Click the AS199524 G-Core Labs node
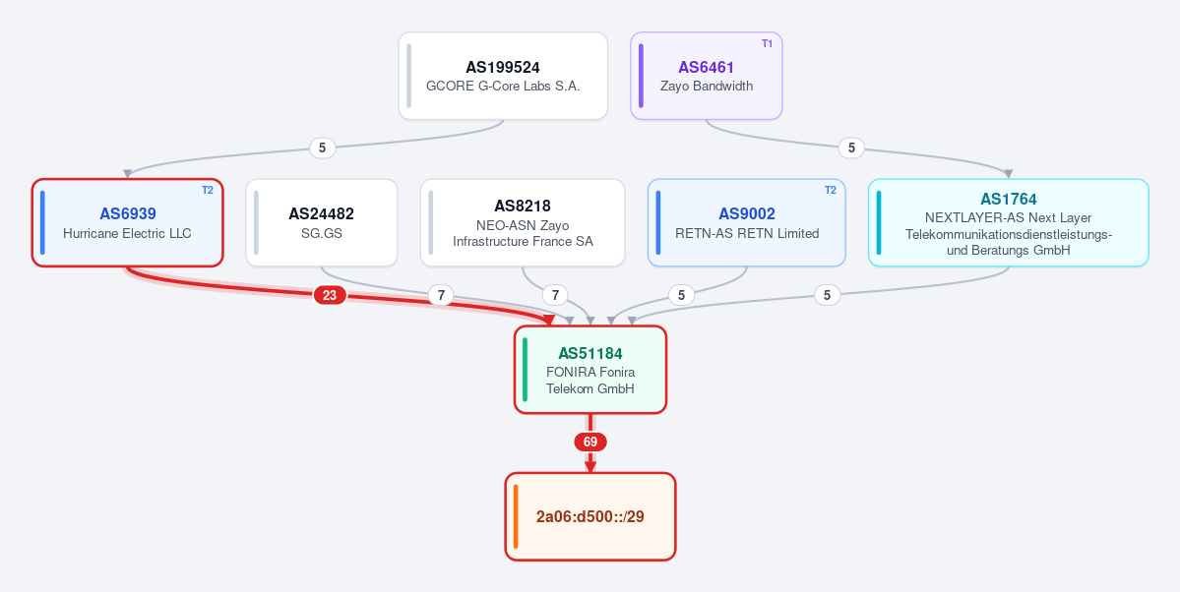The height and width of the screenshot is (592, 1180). (x=503, y=76)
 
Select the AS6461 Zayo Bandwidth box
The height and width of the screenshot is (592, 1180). (x=707, y=76)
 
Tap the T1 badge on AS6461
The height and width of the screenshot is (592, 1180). (x=767, y=43)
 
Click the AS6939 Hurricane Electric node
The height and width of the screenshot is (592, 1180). (x=127, y=222)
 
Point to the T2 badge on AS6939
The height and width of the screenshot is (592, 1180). (x=207, y=191)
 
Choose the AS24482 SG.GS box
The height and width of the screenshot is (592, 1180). (x=322, y=222)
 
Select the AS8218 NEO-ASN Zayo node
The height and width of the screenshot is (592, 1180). (x=523, y=222)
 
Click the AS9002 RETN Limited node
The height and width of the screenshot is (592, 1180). (x=747, y=222)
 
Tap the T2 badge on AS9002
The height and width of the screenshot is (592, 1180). (x=830, y=191)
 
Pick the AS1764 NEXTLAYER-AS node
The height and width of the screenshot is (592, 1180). (x=1009, y=222)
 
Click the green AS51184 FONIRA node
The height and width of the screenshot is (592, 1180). (x=590, y=370)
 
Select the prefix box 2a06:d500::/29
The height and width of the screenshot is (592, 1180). (x=590, y=517)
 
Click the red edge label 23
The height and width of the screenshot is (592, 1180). (x=330, y=296)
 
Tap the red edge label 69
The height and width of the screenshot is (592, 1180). (x=590, y=443)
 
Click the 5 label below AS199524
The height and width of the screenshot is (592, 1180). (x=322, y=148)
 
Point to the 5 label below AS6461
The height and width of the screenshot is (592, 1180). (x=851, y=148)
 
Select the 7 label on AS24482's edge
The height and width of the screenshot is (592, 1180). (x=441, y=296)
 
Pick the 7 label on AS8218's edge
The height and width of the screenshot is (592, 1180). (x=555, y=296)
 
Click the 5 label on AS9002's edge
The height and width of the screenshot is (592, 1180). (x=681, y=296)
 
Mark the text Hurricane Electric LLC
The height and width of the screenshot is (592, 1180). (x=127, y=234)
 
